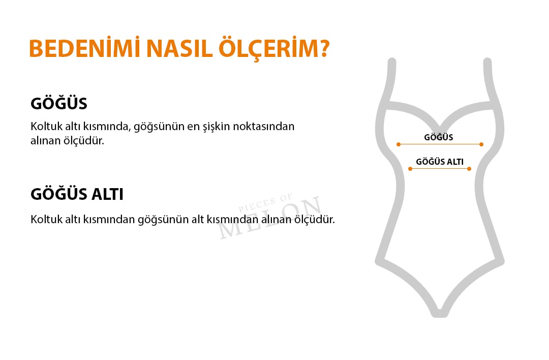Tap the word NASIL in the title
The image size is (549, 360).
(179, 48)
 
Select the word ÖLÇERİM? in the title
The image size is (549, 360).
(274, 48)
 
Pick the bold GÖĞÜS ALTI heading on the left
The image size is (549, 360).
(77, 194)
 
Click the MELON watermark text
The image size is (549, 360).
(270, 218)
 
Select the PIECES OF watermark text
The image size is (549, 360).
(266, 203)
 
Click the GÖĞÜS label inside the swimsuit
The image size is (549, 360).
(438, 137)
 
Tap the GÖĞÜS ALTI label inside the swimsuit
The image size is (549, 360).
(440, 162)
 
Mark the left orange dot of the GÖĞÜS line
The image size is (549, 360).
(399, 144)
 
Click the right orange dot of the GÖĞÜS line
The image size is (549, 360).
(481, 144)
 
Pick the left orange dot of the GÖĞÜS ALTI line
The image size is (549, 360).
(410, 169)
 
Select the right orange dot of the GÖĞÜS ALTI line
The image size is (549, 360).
(469, 169)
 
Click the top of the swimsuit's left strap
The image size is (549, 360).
(392, 62)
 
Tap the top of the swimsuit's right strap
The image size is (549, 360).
(487, 62)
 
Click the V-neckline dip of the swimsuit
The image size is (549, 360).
(439, 129)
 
